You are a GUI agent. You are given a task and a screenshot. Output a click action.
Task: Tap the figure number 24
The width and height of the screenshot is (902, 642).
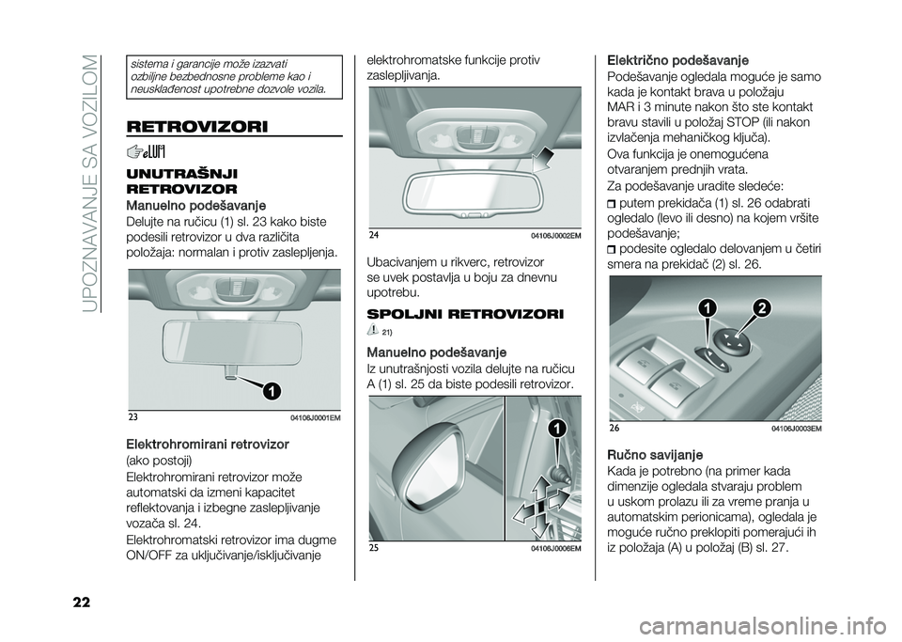coord(373,234)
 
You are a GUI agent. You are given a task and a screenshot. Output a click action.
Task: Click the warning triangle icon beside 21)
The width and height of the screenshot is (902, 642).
coord(374,328)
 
